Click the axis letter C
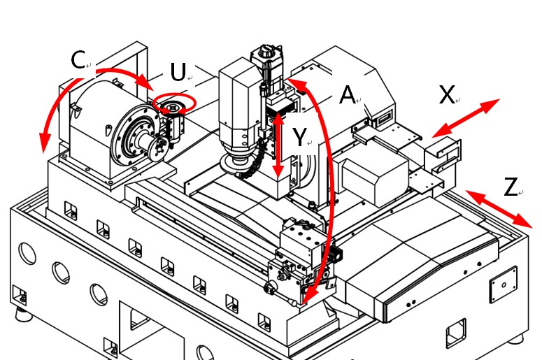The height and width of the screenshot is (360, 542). click(x=78, y=61)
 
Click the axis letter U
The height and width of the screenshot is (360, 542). click(x=178, y=72)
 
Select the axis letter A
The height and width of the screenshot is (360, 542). click(x=348, y=95)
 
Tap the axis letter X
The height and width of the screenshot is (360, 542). click(x=447, y=94)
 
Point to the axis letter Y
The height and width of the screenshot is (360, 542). click(x=299, y=138)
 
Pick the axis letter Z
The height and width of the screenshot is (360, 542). click(x=511, y=187)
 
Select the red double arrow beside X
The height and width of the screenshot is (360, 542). click(x=466, y=117)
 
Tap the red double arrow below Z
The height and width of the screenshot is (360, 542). click(x=499, y=208)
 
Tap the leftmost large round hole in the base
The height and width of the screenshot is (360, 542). click(x=27, y=253)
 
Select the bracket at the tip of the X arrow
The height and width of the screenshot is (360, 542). click(x=445, y=152)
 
